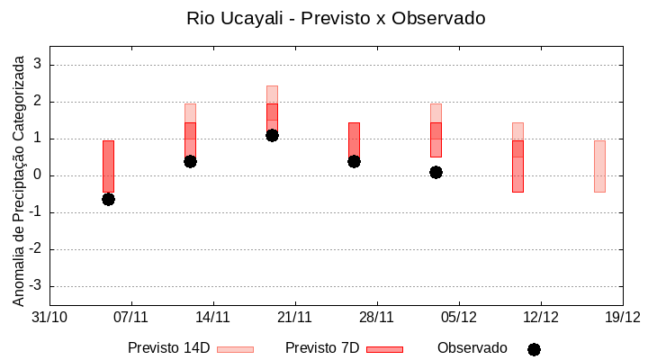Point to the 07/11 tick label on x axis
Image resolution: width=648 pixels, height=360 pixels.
click(131, 317)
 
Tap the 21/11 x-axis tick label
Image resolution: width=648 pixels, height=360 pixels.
click(294, 317)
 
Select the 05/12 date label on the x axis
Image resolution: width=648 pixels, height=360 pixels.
click(458, 317)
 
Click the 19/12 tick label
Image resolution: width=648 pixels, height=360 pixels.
click(622, 317)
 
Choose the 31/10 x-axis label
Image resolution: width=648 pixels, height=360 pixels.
click(49, 317)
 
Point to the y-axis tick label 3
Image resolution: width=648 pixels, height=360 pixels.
click(38, 65)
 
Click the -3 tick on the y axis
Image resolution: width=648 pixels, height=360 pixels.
click(35, 286)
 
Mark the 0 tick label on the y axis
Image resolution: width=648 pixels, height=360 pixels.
click(38, 175)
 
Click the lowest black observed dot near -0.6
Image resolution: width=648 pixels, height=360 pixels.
click(108, 199)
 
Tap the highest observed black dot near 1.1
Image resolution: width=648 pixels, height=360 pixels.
click(272, 135)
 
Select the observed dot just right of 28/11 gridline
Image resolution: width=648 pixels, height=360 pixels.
click(354, 161)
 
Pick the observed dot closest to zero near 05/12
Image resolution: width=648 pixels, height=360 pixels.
click(436, 172)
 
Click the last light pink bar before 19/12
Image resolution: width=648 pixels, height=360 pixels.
click(599, 166)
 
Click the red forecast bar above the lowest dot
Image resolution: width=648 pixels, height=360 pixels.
click(108, 166)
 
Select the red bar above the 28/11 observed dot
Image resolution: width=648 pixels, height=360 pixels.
click(354, 139)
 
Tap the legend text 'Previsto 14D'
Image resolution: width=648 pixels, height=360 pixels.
click(168, 348)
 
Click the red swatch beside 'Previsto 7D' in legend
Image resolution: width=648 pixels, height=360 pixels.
click(384, 349)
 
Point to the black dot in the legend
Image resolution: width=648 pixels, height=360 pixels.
click(534, 349)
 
